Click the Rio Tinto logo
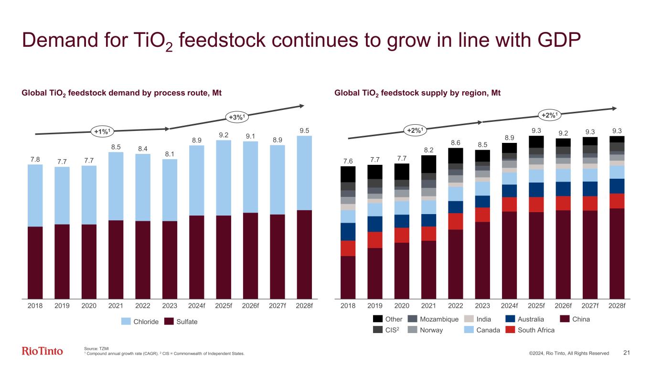43,352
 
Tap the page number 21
628,353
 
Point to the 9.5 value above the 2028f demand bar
304,130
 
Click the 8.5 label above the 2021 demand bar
116,146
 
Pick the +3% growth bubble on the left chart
237,117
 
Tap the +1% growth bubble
103,131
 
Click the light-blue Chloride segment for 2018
35,195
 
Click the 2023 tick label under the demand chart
170,306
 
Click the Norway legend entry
428,329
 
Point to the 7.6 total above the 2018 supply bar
348,160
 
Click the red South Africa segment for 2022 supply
456,221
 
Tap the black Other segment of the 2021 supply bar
428,164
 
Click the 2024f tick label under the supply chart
509,306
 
